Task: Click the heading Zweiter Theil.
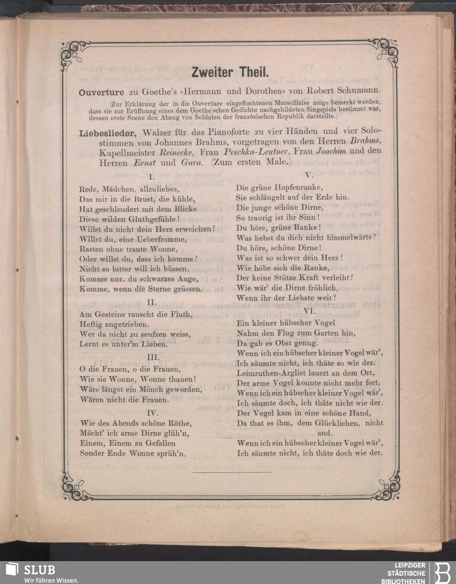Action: pyautogui.click(x=230, y=72)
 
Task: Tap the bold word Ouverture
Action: pyautogui.click(x=101, y=92)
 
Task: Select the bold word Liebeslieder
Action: pyautogui.click(x=109, y=133)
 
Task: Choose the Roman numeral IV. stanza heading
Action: pyautogui.click(x=152, y=412)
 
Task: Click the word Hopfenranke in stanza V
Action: pyautogui.click(x=300, y=188)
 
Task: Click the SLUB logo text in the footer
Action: pyautogui.click(x=39, y=570)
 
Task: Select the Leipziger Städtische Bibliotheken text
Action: pyautogui.click(x=406, y=573)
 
